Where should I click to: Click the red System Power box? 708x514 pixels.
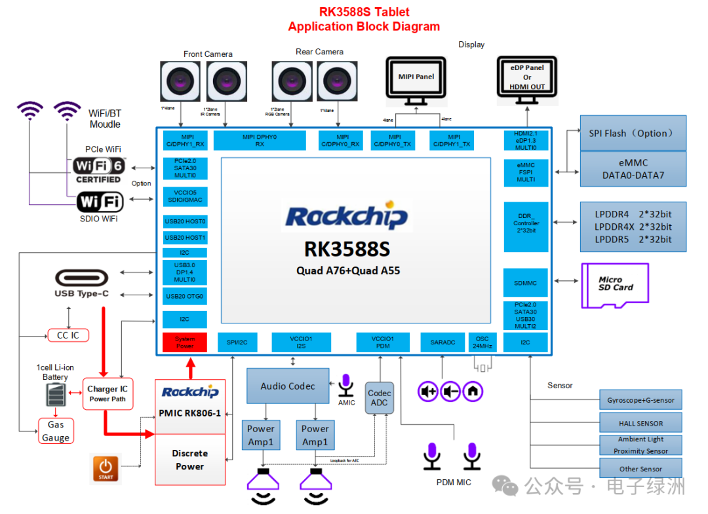pyautogui.click(x=185, y=342)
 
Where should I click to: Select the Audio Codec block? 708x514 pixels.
pyautogui.click(x=288, y=386)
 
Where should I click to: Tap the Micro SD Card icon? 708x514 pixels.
pyautogui.click(x=615, y=285)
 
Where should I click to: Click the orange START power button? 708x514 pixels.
pyautogui.click(x=106, y=469)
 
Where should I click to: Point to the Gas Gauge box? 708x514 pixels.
pyautogui.click(x=56, y=431)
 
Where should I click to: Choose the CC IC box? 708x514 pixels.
pyautogui.click(x=68, y=335)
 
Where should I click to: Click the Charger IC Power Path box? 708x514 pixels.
pyautogui.click(x=108, y=394)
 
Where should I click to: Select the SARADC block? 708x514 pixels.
pyautogui.click(x=442, y=342)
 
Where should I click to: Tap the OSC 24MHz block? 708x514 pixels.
pyautogui.click(x=482, y=342)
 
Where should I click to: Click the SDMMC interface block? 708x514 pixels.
pyautogui.click(x=525, y=283)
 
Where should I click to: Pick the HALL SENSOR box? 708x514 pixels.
pyautogui.click(x=640, y=423)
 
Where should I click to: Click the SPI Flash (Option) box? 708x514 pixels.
pyautogui.click(x=633, y=133)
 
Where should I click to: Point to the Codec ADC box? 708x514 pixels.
pyautogui.click(x=379, y=397)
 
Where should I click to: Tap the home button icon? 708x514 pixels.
pyautogui.click(x=473, y=392)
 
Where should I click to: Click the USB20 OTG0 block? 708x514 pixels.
pyautogui.click(x=185, y=296)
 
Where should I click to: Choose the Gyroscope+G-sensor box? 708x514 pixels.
pyautogui.click(x=640, y=400)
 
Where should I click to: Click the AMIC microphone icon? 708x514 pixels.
pyautogui.click(x=346, y=386)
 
